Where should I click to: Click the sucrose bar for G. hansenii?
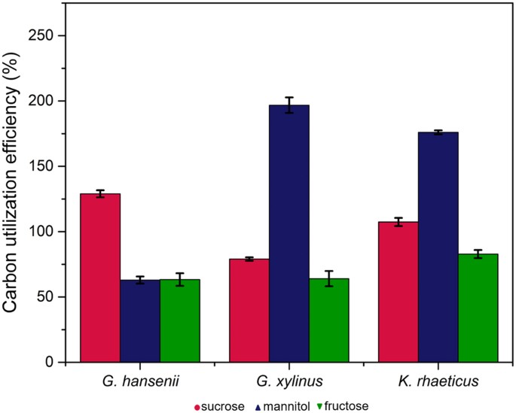100,278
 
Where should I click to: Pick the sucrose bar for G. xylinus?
249,310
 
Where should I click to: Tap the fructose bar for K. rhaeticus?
478,308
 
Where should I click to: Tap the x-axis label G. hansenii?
139,382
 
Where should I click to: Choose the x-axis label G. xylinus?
289,382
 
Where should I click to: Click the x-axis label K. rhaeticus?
438,382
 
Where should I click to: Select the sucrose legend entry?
218,406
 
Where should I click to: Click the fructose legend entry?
340,406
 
